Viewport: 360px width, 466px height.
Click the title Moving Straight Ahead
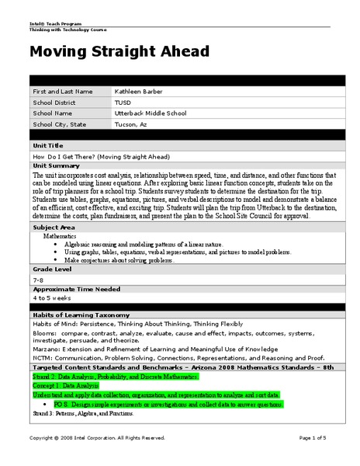pyautogui.click(x=119, y=52)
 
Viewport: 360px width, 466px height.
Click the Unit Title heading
pyautogui.click(x=48, y=145)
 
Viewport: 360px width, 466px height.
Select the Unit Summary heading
pyautogui.click(x=57, y=165)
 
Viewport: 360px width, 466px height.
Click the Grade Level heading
pyautogui.click(x=51, y=268)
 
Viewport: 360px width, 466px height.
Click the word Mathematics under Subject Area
pyautogui.click(x=61, y=235)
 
